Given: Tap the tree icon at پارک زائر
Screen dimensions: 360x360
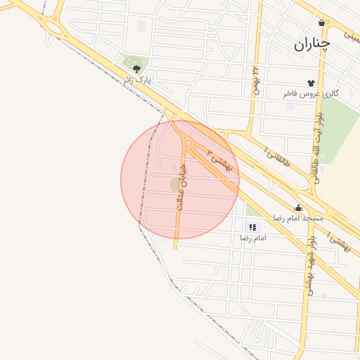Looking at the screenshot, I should [136, 69].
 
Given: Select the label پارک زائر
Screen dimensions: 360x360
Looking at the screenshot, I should [137, 81].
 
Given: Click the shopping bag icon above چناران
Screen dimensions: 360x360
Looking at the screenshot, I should [322, 22].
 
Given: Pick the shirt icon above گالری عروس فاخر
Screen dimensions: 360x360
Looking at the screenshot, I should [310, 83].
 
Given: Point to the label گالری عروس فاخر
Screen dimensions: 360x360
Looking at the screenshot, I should [311, 94].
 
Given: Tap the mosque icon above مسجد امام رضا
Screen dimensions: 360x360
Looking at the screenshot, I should [298, 207].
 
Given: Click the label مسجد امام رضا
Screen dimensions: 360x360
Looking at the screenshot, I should [299, 218].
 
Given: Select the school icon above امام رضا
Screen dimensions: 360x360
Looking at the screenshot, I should [252, 227].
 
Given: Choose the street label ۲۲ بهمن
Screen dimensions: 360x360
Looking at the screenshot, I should [255, 81].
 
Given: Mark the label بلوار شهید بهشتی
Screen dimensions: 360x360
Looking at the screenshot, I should [309, 266].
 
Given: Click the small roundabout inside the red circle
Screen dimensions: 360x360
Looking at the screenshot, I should [188, 143].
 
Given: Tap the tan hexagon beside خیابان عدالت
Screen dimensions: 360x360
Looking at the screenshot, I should [174, 184].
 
